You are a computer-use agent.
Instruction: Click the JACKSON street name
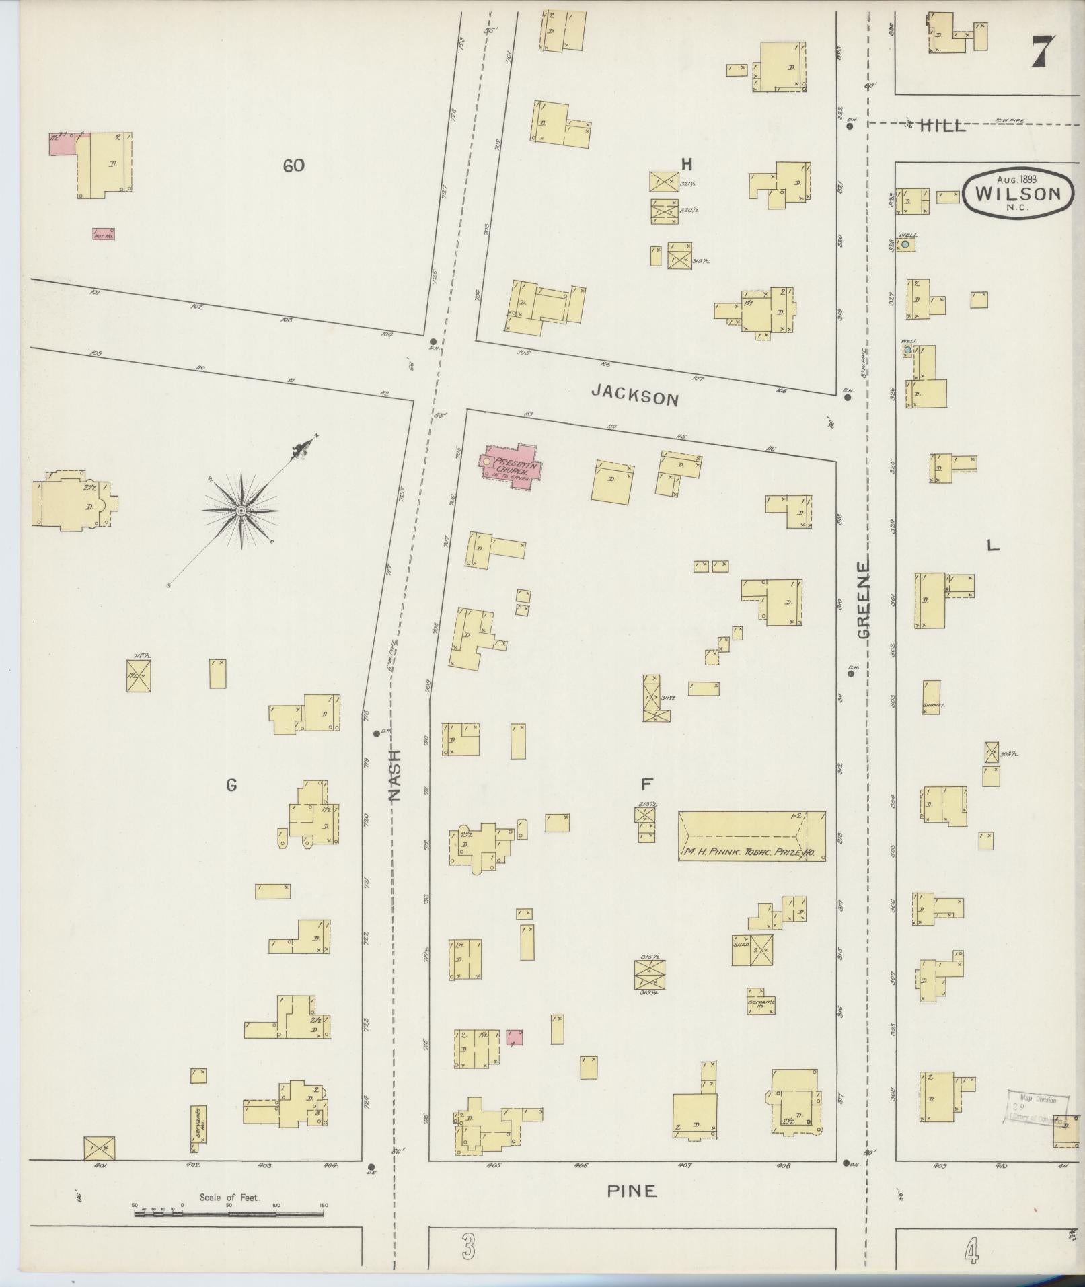[634, 397]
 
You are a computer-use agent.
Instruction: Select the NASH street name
[395, 775]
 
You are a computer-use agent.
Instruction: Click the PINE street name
[631, 1191]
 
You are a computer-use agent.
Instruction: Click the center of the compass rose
[241, 511]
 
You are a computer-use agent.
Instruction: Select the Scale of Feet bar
[229, 1214]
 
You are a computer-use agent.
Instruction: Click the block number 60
[293, 166]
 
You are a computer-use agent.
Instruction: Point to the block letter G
[231, 784]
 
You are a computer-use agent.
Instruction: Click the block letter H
[686, 164]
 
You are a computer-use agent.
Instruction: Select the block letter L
[992, 546]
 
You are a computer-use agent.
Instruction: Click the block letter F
[646, 784]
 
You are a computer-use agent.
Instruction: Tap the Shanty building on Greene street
[932, 697]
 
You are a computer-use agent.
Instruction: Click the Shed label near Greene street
[741, 944]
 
